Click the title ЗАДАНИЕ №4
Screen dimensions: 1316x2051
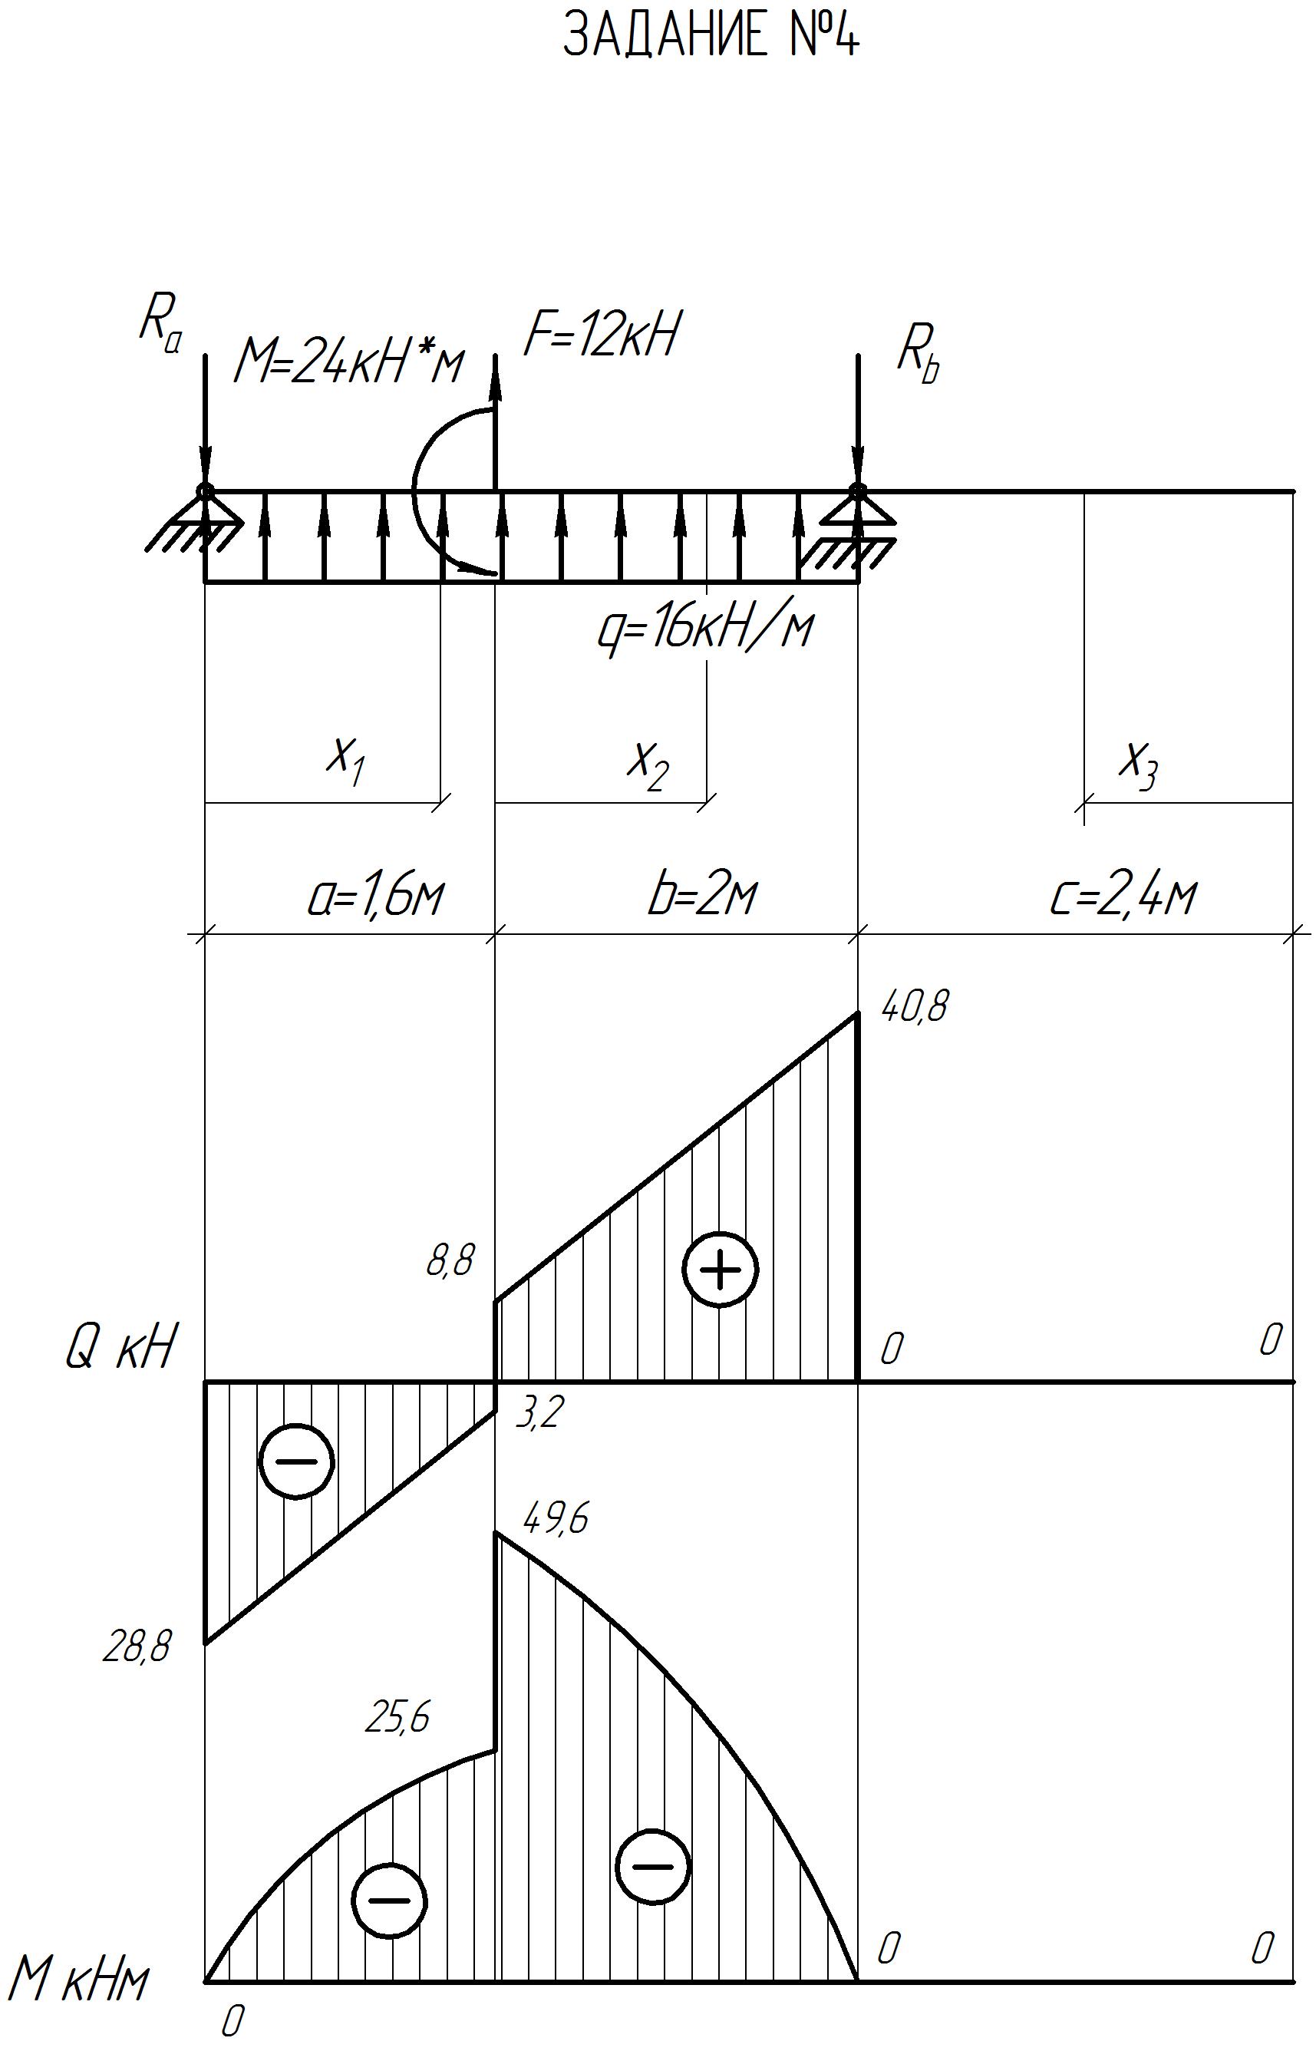[711, 37]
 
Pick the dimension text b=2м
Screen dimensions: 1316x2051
[702, 895]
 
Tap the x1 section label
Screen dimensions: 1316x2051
[346, 760]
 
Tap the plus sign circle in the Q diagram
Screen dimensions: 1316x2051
[721, 1269]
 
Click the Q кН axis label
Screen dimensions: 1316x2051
[120, 1349]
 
